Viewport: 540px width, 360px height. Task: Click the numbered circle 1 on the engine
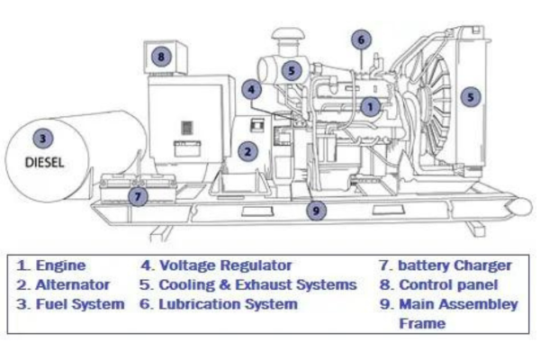click(x=369, y=106)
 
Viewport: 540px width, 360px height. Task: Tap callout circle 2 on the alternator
click(x=247, y=152)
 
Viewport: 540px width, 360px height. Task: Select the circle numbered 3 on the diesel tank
click(x=41, y=138)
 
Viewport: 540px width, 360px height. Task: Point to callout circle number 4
click(x=252, y=89)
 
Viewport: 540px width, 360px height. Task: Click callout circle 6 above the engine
click(x=360, y=39)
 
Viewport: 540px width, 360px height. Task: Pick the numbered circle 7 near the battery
click(x=137, y=195)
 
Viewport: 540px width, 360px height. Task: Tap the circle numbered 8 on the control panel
click(x=160, y=56)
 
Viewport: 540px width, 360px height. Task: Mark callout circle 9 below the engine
click(x=316, y=211)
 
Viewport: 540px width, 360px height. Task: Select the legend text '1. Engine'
click(x=52, y=265)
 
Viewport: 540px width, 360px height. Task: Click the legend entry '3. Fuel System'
click(x=71, y=304)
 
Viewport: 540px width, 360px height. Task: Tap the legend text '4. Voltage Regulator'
click(x=217, y=265)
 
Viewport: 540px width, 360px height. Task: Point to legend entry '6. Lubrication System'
click(x=219, y=304)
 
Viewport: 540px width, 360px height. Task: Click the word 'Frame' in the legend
click(x=422, y=322)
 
